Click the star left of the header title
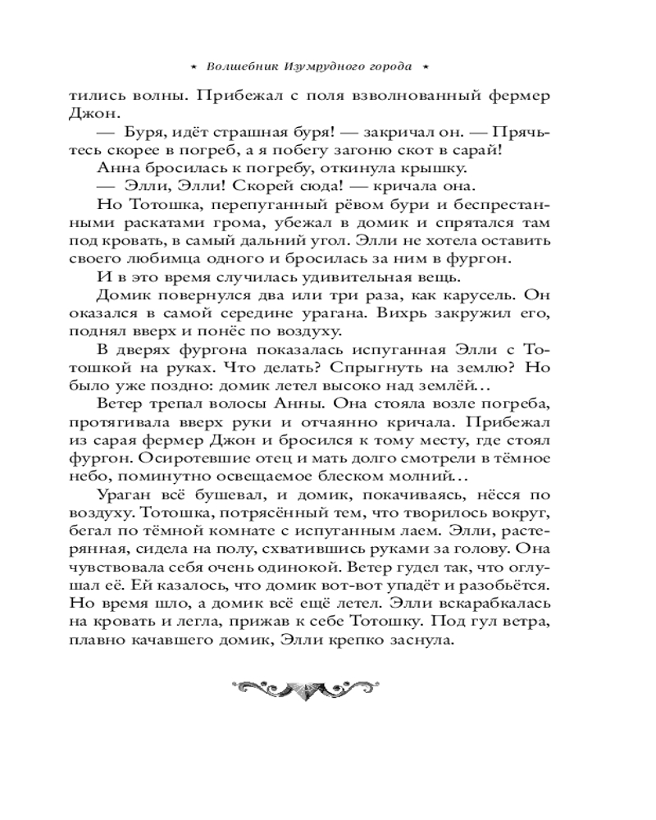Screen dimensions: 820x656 tap(194, 66)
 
